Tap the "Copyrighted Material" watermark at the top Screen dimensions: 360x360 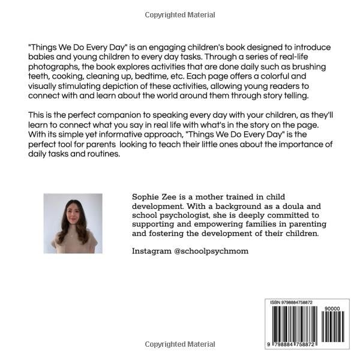coord(180,14)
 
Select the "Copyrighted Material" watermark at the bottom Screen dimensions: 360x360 coord(180,344)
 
